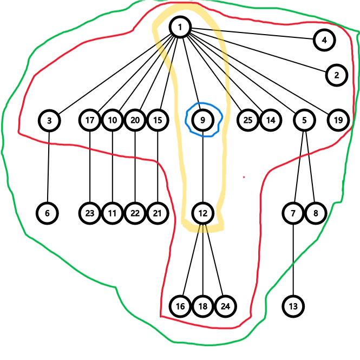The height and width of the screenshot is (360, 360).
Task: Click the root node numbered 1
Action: point(180,27)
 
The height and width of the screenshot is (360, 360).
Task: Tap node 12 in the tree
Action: point(202,213)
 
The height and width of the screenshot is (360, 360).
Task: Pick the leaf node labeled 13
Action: point(293,306)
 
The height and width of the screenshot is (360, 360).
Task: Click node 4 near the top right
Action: point(324,40)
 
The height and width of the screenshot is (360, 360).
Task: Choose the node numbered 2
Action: point(336,75)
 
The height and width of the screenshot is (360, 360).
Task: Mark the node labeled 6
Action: point(48,213)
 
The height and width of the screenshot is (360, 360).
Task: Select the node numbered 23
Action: point(90,213)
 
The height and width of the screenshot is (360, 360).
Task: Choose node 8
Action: point(316,213)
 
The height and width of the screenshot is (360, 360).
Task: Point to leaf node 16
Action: point(180,306)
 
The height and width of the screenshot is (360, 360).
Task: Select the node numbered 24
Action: point(225,306)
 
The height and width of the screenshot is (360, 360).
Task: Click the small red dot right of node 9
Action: point(244,176)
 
